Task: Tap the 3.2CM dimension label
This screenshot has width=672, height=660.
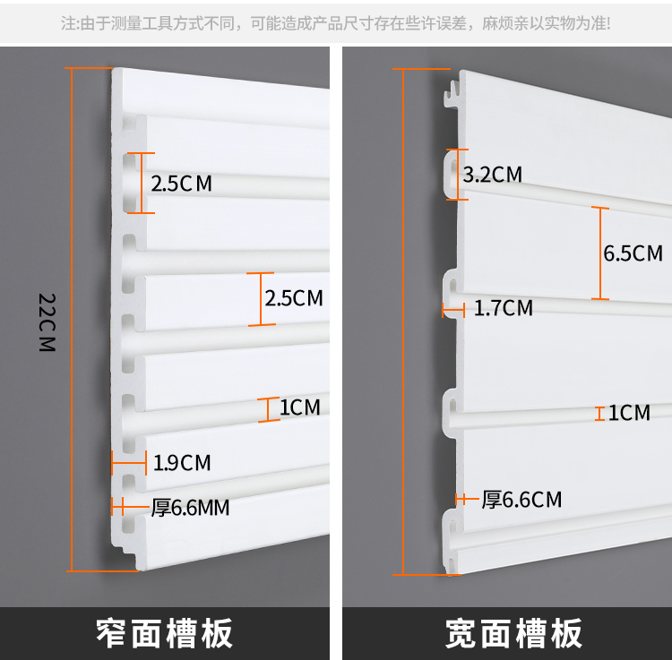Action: pyautogui.click(x=493, y=174)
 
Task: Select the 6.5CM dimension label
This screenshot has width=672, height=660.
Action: pyautogui.click(x=633, y=253)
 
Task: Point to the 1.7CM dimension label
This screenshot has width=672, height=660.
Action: pyautogui.click(x=503, y=309)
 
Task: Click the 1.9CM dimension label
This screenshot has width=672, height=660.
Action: pyautogui.click(x=182, y=463)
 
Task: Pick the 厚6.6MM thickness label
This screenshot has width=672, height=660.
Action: pyautogui.click(x=190, y=508)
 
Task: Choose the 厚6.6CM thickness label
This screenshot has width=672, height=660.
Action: pyautogui.click(x=521, y=499)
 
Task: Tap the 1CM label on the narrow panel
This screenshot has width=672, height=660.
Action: pyautogui.click(x=299, y=408)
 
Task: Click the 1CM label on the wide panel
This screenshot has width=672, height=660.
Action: pyautogui.click(x=629, y=413)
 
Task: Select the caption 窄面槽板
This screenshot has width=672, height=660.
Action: pyautogui.click(x=165, y=633)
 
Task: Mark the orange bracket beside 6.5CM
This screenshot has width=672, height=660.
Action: pyautogui.click(x=601, y=253)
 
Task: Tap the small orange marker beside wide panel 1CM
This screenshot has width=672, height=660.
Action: pyautogui.click(x=599, y=413)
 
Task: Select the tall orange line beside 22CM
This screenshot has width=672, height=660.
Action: pyautogui.click(x=72, y=320)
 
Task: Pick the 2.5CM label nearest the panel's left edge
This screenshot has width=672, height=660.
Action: pyautogui.click(x=182, y=184)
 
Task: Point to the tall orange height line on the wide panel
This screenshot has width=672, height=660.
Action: pyautogui.click(x=403, y=321)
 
